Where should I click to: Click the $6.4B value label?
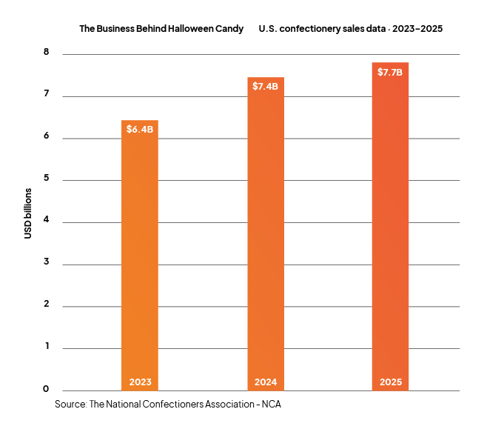(140, 129)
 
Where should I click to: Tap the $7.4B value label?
(265, 86)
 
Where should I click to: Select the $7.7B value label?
(390, 73)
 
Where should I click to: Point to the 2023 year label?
(140, 382)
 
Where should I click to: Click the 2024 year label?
(266, 382)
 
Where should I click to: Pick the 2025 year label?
(391, 382)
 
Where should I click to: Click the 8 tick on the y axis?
(47, 52)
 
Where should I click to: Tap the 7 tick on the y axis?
(47, 93)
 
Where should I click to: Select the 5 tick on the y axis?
(47, 177)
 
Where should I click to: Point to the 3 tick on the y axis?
(47, 262)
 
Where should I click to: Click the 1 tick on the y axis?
(47, 346)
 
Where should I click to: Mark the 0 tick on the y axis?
(46, 389)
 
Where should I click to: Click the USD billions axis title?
(28, 213)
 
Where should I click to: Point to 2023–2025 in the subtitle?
(417, 29)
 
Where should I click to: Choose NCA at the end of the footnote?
(272, 405)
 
